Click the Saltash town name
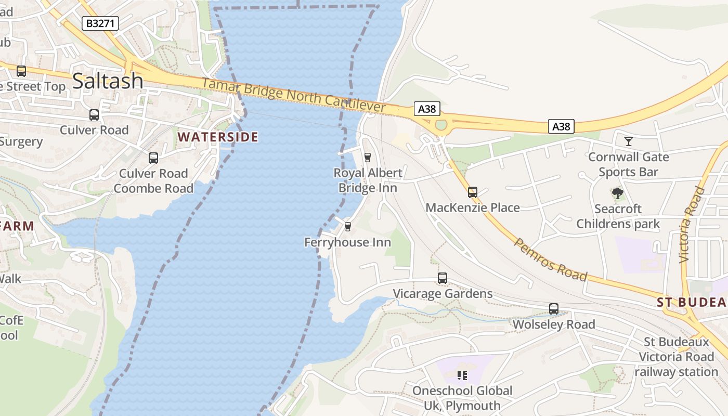108,81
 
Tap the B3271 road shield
101,23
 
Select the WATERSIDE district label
217,137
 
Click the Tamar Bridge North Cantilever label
294,95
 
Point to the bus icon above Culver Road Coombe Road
153,158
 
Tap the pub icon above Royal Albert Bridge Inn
368,157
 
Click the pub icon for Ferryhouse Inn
348,226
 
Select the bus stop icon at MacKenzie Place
472,192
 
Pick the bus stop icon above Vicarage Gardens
443,278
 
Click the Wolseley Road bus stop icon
554,309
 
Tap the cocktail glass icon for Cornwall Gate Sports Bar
629,141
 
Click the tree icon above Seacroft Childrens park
618,194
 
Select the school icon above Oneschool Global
462,375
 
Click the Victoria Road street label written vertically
691,224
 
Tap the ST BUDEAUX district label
691,302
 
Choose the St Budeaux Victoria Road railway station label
676,357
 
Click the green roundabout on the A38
441,125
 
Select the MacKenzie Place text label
473,207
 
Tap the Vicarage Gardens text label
443,294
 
